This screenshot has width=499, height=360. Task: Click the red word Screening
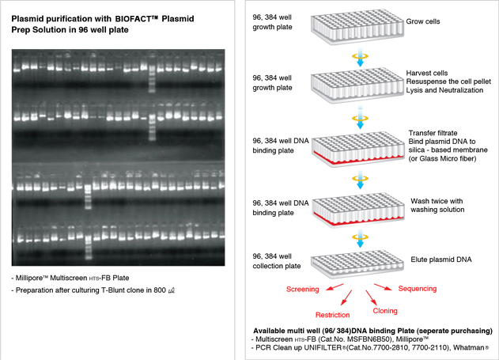tap(302, 290)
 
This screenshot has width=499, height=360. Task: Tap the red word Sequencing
tap(418, 289)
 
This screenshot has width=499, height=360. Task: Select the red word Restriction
tap(333, 315)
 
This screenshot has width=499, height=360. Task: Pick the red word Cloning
tap(385, 311)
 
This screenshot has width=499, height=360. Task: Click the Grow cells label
tap(423, 21)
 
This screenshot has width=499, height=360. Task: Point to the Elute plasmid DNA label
tap(441, 260)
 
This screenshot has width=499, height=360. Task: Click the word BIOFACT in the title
tap(134, 19)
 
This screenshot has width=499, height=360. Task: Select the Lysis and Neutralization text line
tap(444, 90)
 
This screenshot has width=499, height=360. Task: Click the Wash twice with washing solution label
tap(437, 205)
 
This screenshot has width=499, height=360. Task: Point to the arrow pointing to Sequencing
tap(383, 286)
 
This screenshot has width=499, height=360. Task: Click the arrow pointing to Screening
tap(335, 286)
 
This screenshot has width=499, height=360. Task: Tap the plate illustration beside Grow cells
tap(357, 27)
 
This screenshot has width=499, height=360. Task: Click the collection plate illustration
tap(358, 262)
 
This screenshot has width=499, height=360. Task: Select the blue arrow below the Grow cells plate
tap(360, 58)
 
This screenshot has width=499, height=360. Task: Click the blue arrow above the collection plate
tap(360, 238)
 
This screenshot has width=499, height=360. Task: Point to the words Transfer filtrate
tap(433, 133)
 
